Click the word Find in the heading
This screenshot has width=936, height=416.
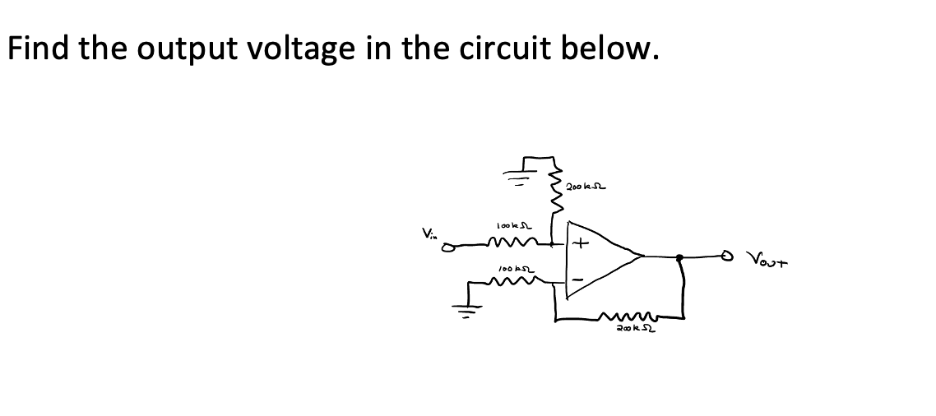39,49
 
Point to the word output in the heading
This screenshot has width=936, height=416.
168,49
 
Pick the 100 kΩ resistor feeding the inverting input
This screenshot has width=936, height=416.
514,280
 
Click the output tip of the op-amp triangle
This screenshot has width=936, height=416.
642,257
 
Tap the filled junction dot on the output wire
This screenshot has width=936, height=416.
679,258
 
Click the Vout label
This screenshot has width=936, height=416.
771,262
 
